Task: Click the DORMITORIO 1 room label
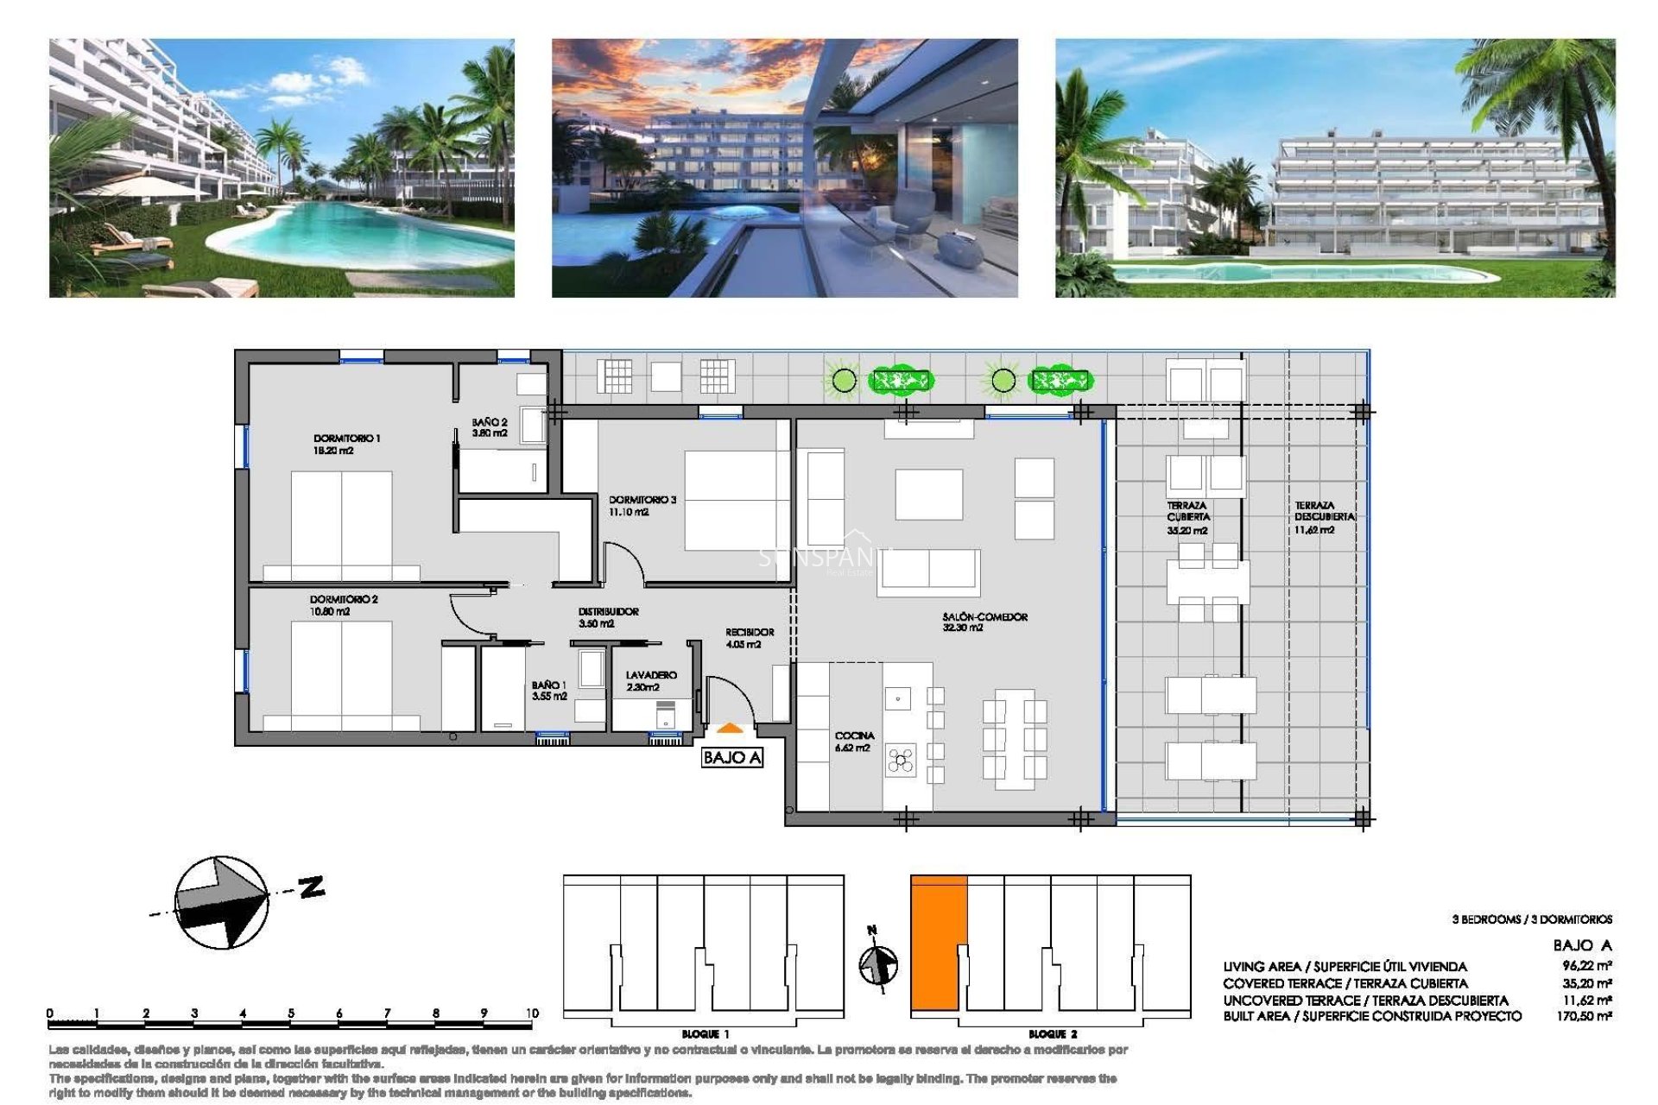[x=346, y=444]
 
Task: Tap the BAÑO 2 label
[x=489, y=427]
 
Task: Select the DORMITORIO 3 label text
[x=642, y=505]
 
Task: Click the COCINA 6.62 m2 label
[x=853, y=741]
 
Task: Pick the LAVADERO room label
[x=651, y=680]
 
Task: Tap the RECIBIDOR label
[x=749, y=637]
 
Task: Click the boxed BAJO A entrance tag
[x=731, y=757]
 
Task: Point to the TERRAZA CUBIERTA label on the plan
[x=1188, y=517]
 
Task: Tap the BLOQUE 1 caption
[x=705, y=1033]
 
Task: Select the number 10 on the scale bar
[x=532, y=1013]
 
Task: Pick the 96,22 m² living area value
[x=1586, y=966]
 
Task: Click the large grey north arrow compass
[x=221, y=902]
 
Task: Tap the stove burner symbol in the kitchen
[x=901, y=760]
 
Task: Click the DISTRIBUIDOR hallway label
[x=608, y=616]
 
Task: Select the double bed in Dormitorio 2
[x=341, y=673]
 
